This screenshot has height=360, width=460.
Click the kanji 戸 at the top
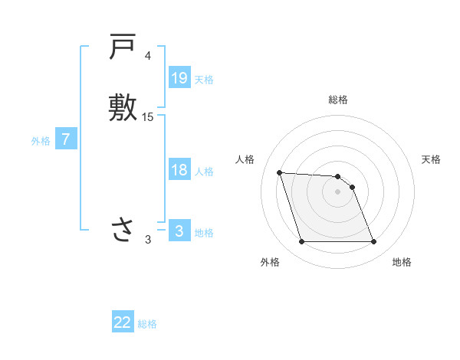pos(122,49)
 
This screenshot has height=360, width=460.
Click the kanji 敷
pos(122,108)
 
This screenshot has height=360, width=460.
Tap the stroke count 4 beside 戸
pos(148,57)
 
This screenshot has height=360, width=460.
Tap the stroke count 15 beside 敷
pos(148,117)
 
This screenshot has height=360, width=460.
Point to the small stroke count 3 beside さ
pos(148,240)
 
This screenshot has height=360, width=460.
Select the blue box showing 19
pos(179,77)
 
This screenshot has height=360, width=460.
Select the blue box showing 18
pos(179,170)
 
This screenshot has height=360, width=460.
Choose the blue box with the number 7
pos(67,139)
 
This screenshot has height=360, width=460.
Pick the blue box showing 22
pos(123,322)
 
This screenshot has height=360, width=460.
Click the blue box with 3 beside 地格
pos(179,231)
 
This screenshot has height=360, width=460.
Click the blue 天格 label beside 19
pos(204,79)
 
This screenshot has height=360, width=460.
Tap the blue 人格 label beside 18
pos(204,172)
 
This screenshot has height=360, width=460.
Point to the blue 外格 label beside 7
pos(41,141)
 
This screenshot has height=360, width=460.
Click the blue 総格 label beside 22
pos(147,324)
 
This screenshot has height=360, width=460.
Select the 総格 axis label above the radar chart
pos(338,100)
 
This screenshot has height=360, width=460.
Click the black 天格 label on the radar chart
pos(431,159)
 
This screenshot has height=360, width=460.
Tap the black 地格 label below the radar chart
pos(402,263)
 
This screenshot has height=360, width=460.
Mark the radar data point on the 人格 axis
pos(280,172)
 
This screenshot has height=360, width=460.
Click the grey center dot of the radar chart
pos(338,191)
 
